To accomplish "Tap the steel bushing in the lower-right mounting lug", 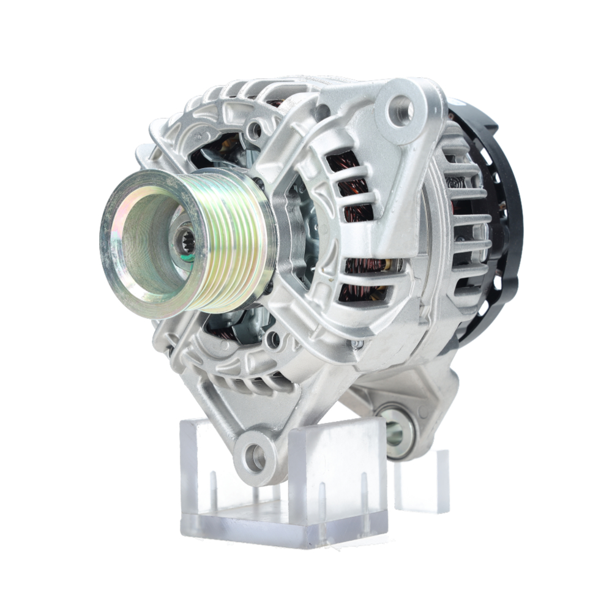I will click(x=397, y=432).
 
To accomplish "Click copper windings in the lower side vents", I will click(x=364, y=278).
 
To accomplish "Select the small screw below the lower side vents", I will click(x=356, y=345).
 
